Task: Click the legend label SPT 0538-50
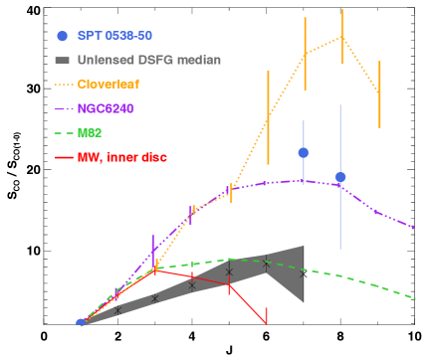(114, 35)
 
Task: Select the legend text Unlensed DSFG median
(148, 60)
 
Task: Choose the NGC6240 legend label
(109, 107)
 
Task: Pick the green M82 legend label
(91, 132)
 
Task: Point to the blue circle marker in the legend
(63, 36)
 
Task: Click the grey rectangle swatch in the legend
(63, 60)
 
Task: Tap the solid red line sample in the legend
(64, 156)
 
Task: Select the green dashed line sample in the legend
(64, 132)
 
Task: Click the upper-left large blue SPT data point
(304, 152)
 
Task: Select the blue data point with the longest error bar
(340, 177)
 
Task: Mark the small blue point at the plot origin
(81, 322)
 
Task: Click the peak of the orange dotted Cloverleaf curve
(341, 37)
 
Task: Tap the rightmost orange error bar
(379, 92)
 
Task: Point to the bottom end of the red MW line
(266, 322)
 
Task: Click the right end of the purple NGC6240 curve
(413, 228)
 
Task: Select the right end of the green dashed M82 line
(414, 297)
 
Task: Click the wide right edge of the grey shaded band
(302, 273)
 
